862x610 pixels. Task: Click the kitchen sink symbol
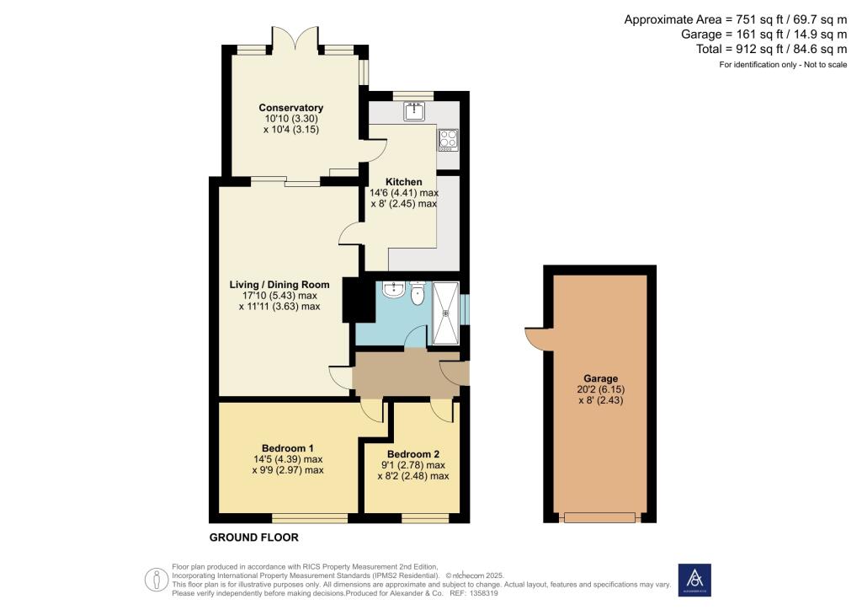(x=413, y=111)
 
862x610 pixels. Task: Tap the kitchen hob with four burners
(x=448, y=139)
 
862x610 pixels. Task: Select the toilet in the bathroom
(x=416, y=294)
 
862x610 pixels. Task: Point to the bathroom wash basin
(x=391, y=291)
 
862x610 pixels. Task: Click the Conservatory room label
(x=291, y=108)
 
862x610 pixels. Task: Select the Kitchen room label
(x=403, y=182)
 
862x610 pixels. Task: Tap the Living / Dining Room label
(x=279, y=285)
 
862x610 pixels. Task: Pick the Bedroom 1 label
(x=288, y=447)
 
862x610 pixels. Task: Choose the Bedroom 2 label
(x=412, y=453)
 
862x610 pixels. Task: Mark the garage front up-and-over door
(x=600, y=516)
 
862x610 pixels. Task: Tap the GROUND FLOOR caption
(x=253, y=538)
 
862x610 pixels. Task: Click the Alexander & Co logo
(x=694, y=580)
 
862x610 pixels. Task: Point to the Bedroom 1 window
(x=309, y=516)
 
